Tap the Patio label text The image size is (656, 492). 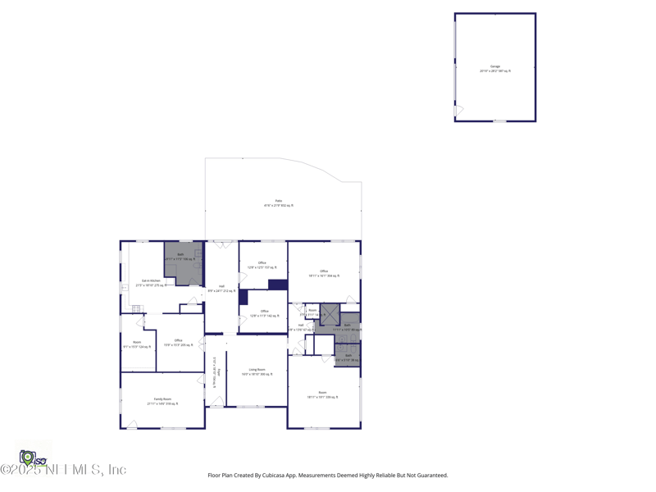pos(278,203)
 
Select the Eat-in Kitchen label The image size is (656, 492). pos(151,283)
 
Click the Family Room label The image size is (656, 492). pos(162,401)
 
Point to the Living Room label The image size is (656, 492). pos(257,371)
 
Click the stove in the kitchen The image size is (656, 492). pos(136,308)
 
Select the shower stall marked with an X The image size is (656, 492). pos(330,313)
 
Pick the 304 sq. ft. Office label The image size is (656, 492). pos(324,273)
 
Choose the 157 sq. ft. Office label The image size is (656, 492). pos(262,265)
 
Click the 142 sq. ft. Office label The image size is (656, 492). pos(264,312)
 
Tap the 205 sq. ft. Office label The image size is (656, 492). pos(178,342)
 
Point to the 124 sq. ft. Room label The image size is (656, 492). pos(137,344)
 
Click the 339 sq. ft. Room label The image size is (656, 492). pos(322,394)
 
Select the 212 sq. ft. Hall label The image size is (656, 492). pos(221,288)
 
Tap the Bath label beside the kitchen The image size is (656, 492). pos(180,257)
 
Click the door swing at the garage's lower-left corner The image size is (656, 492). pos(458,110)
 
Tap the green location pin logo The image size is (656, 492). pos(27,457)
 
